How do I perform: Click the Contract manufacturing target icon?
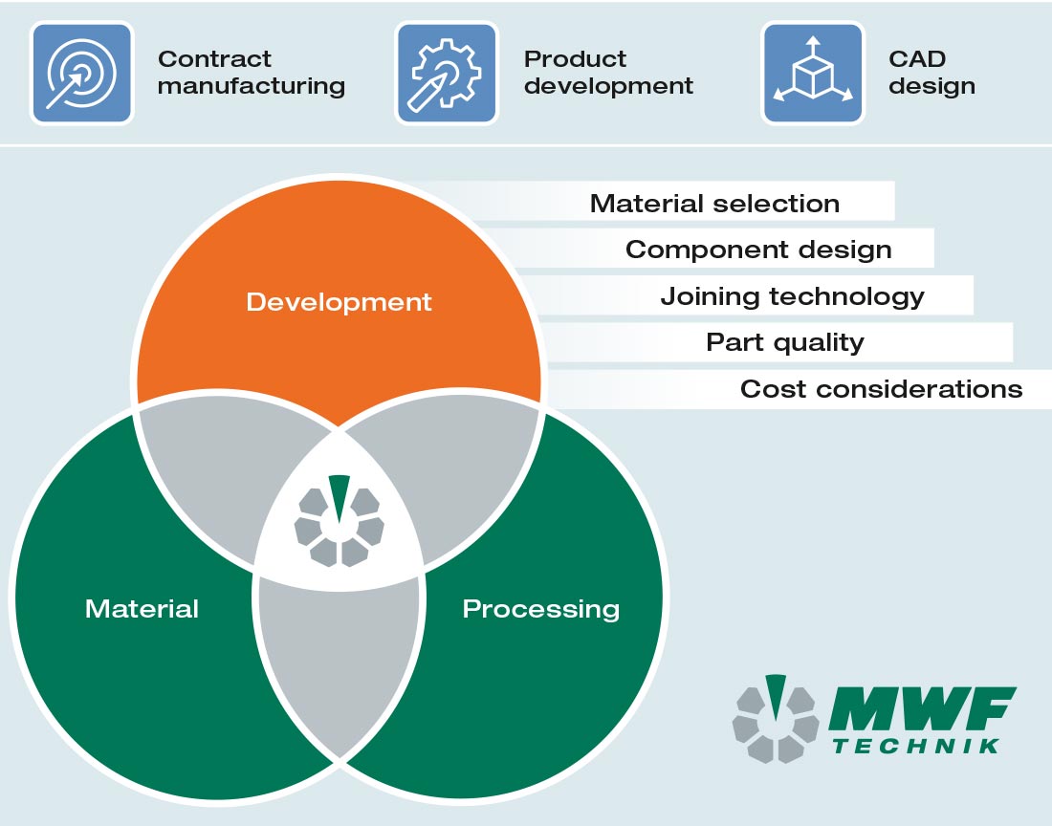tap(80, 74)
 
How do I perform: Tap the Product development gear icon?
tap(447, 74)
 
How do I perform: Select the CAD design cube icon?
tap(812, 74)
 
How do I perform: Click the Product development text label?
tap(608, 73)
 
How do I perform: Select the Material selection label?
tap(714, 204)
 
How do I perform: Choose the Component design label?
tap(757, 250)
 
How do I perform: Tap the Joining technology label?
tap(792, 296)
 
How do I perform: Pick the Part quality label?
tap(784, 342)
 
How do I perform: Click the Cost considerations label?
tap(881, 389)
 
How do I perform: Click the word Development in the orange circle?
tap(339, 303)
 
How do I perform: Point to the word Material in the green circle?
tap(142, 609)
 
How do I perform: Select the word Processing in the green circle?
tap(540, 609)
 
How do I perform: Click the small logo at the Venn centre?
tap(339, 522)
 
